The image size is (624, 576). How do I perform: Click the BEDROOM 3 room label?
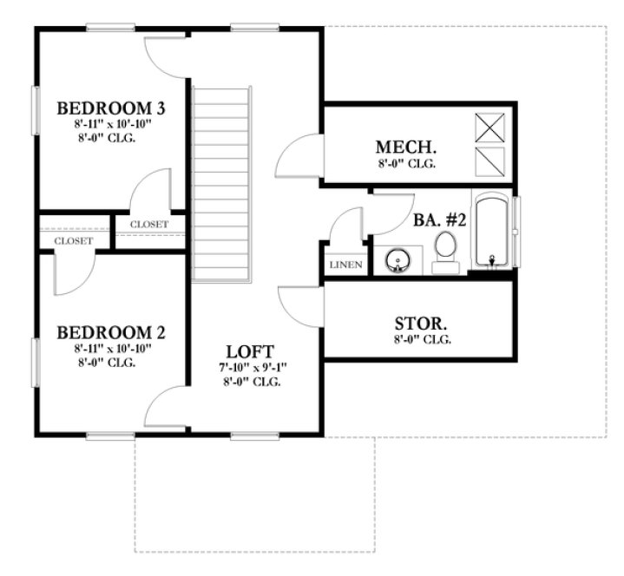[x=111, y=109]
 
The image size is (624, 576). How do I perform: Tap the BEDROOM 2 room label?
[x=111, y=332]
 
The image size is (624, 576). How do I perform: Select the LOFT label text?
[x=250, y=351]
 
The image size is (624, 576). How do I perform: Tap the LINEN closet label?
[x=346, y=265]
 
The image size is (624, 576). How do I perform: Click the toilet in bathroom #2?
[x=446, y=247]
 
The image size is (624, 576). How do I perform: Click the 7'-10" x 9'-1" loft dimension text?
[x=250, y=368]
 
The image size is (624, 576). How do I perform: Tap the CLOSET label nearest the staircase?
[x=149, y=224]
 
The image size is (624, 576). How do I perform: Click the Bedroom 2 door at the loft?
[x=168, y=408]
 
